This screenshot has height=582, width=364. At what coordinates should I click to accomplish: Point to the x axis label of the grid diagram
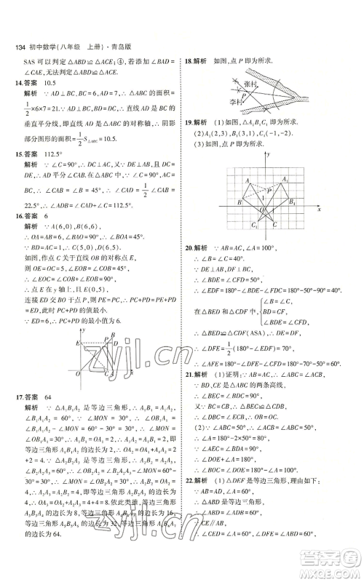(319, 210)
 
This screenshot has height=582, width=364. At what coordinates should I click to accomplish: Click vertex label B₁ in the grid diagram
(293, 202)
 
